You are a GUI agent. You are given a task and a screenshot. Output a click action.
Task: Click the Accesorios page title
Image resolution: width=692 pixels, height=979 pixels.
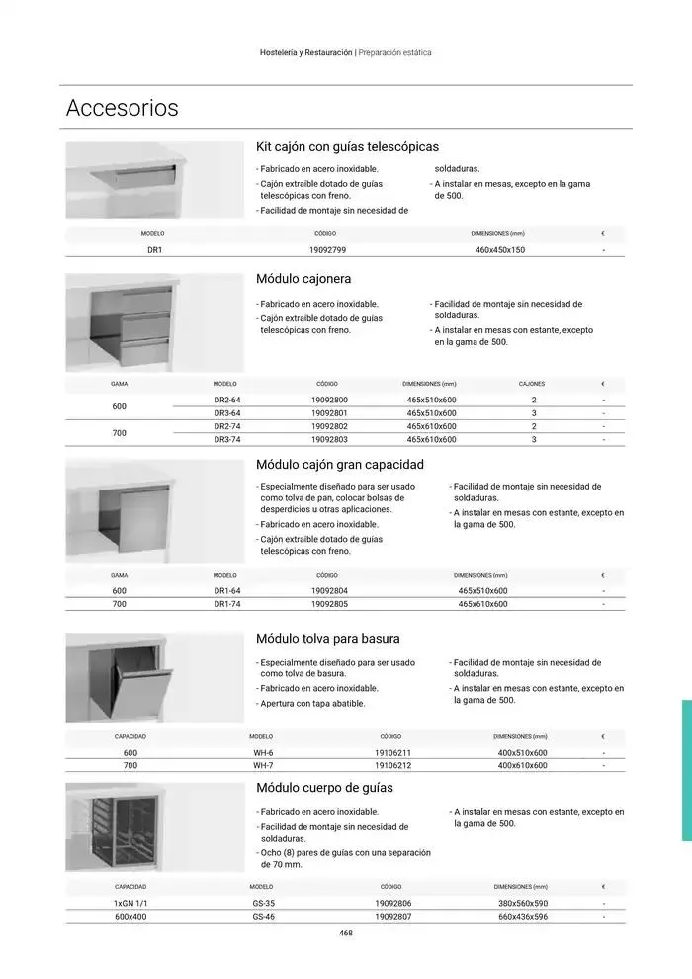(x=122, y=108)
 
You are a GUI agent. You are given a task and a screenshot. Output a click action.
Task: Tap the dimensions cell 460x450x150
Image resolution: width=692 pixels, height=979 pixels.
(x=499, y=250)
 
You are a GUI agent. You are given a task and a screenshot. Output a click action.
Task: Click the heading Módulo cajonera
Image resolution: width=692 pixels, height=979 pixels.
(x=303, y=279)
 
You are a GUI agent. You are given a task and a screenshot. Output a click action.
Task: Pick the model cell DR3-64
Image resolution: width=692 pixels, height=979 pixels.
(x=227, y=412)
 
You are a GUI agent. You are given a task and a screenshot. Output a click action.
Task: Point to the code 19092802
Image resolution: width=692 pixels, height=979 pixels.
(x=329, y=426)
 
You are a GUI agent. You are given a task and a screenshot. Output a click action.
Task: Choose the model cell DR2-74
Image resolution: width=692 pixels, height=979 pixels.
(x=227, y=426)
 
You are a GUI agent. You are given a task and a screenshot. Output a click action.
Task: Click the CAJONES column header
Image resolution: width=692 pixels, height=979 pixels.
(x=532, y=384)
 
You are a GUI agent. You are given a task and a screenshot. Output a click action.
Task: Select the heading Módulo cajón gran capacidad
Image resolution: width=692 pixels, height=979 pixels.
(x=339, y=464)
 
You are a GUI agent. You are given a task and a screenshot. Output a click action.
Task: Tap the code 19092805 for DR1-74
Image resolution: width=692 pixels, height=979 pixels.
(x=329, y=603)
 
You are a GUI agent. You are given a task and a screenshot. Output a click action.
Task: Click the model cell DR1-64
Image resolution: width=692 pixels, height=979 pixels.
(x=227, y=590)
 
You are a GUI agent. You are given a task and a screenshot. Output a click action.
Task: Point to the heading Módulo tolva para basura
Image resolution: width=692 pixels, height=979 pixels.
(x=327, y=639)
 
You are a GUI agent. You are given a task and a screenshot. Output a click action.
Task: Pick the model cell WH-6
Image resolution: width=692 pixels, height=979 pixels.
(x=263, y=753)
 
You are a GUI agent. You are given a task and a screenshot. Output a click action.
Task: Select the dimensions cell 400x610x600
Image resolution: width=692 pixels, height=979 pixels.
(x=522, y=765)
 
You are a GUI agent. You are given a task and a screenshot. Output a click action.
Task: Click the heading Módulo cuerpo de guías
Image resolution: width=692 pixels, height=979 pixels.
(x=324, y=788)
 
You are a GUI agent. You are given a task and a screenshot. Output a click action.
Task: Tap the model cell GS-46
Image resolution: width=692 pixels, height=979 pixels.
(x=263, y=917)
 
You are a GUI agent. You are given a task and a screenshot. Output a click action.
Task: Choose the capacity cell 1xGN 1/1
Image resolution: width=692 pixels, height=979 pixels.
(x=130, y=904)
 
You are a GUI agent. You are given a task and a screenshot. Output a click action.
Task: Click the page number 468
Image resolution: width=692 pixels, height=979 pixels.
(x=346, y=933)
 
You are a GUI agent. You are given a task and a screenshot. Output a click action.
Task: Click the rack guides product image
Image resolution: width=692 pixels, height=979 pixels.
(x=154, y=827)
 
